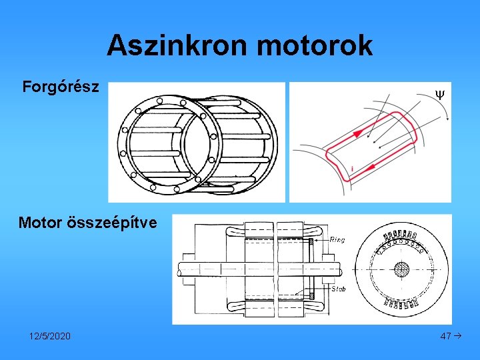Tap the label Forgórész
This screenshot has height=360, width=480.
61,87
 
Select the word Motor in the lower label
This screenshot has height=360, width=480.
41,222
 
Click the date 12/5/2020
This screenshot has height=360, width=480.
50,336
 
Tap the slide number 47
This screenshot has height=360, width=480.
446,336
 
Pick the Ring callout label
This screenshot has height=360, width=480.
338,239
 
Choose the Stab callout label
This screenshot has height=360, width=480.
339,289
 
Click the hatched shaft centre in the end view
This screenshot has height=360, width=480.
403,270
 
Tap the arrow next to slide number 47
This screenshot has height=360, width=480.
458,336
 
